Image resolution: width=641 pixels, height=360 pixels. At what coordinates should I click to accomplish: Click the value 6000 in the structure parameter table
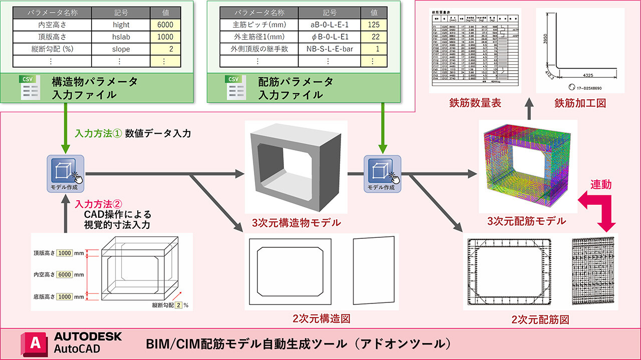[165, 25]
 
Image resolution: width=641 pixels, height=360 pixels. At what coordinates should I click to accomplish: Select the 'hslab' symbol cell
[121, 37]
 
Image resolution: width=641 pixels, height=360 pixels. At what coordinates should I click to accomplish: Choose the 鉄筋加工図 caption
[580, 103]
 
